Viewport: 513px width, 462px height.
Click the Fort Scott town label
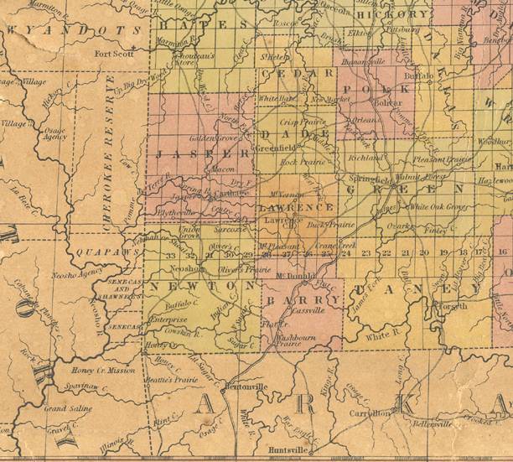[115, 55]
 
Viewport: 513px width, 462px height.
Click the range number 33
[170, 256]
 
